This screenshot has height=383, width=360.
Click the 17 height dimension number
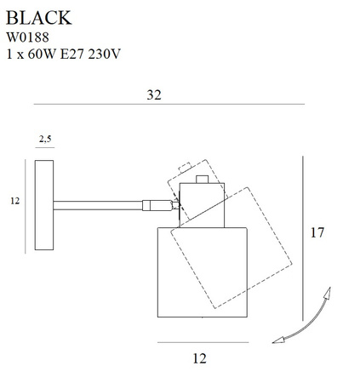317,232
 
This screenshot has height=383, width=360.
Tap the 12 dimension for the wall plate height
14,202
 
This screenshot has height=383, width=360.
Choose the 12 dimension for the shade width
200,358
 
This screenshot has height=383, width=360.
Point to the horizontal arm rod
98,203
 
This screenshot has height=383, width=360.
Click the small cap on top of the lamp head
202,179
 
